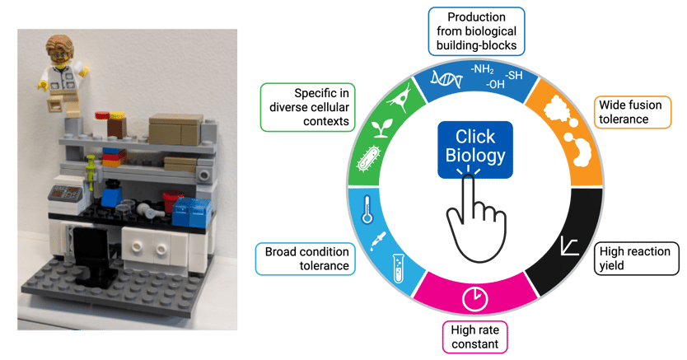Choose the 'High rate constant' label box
(475, 335)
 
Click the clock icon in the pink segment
(474, 297)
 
